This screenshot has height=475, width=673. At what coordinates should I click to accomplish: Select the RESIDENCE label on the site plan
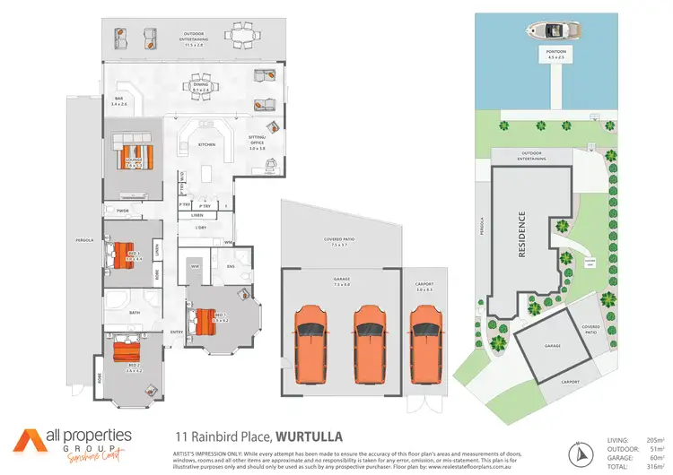(x=520, y=235)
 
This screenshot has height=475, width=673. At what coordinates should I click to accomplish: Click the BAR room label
(x=118, y=100)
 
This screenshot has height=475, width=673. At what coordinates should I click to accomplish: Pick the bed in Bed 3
(x=126, y=252)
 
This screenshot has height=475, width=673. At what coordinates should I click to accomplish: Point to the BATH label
(x=135, y=312)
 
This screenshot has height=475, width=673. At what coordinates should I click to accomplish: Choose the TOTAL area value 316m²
(x=654, y=466)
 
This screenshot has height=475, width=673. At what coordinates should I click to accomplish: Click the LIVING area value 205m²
(x=654, y=439)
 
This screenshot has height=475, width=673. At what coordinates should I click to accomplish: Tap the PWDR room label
(x=122, y=211)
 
